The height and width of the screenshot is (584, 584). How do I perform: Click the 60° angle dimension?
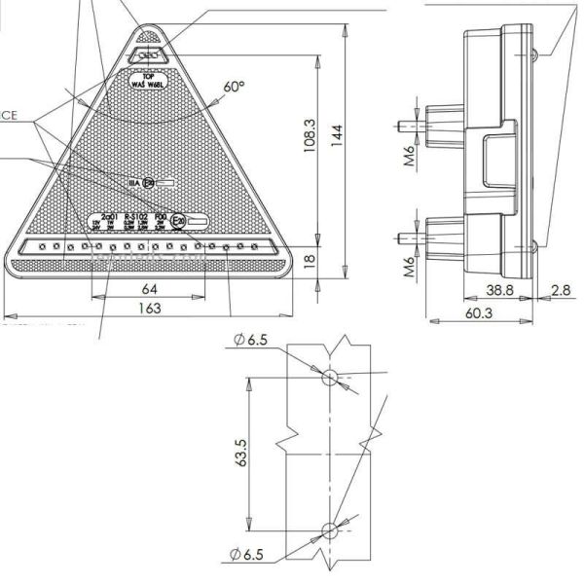point(234,88)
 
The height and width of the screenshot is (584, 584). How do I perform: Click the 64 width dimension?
point(149,289)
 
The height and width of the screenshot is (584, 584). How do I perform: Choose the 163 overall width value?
point(149,309)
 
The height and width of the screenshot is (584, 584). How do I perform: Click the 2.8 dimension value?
point(561,289)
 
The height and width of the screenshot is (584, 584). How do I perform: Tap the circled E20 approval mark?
point(178,220)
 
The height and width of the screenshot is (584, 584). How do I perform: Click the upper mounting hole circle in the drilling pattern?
point(329,376)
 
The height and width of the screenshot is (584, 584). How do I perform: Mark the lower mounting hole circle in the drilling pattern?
point(329,530)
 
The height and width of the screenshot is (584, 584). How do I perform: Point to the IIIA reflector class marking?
point(134,182)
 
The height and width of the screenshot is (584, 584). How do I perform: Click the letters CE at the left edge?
point(9,115)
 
